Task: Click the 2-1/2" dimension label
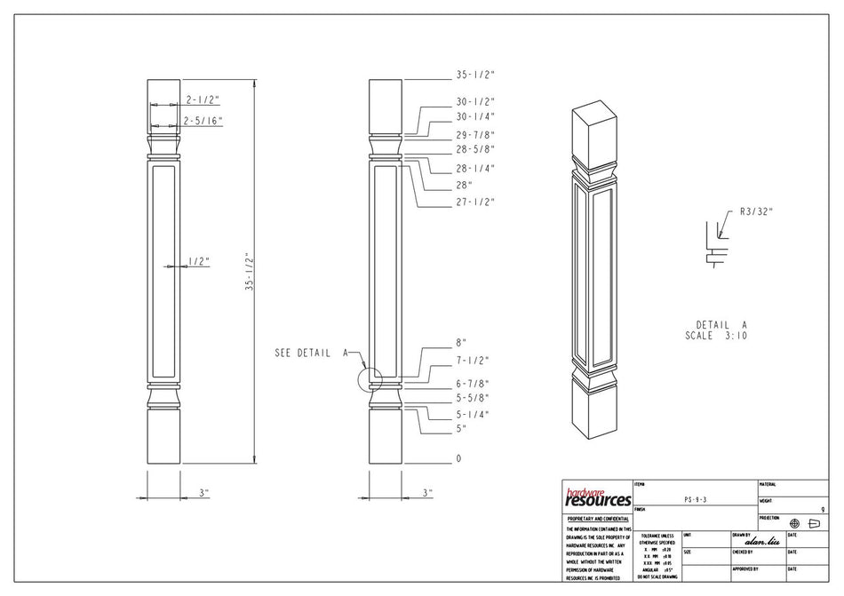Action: pos(203,100)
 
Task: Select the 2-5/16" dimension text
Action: pos(203,120)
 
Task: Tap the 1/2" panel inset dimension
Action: pos(198,262)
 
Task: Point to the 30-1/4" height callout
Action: pos(475,116)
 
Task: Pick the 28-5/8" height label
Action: pos(475,149)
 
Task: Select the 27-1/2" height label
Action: pos(475,203)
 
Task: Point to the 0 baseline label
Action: pos(459,459)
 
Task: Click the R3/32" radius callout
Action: pos(756,211)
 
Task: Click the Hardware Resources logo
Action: pos(598,497)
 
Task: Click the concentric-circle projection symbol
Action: pos(795,523)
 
